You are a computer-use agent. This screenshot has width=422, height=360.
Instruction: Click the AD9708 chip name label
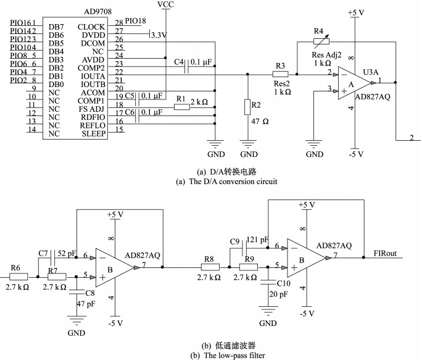pyautogui.click(x=97, y=12)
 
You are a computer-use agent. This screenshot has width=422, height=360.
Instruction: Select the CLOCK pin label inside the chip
pyautogui.click(x=91, y=27)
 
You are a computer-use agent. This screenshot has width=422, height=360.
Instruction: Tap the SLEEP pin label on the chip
pyautogui.click(x=94, y=133)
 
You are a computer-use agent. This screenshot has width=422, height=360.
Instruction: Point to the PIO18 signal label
pyautogui.click(x=135, y=21)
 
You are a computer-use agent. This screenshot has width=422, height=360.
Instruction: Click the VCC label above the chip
pyautogui.click(x=165, y=4)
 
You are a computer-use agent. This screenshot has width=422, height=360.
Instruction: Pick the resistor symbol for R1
pyautogui.click(x=182, y=107)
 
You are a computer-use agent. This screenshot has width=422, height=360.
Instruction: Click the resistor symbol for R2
pyautogui.click(x=247, y=107)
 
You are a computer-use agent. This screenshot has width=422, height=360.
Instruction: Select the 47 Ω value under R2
pyautogui.click(x=260, y=122)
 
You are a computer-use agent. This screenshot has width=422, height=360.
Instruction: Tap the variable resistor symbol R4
pyautogui.click(x=321, y=41)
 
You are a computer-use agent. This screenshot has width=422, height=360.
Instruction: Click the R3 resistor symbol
pyautogui.click(x=281, y=74)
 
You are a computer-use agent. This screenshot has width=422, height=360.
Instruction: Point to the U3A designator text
pyautogui.click(x=371, y=72)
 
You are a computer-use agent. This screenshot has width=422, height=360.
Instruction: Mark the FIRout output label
pyautogui.click(x=385, y=253)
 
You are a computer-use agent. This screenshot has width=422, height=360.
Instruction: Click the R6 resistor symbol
pyautogui.click(x=19, y=277)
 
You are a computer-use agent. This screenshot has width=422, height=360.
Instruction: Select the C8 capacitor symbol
pyautogui.click(x=77, y=292)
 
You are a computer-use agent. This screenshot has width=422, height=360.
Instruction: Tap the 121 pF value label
pyautogui.click(x=257, y=240)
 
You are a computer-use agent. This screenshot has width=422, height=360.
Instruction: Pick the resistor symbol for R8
pyautogui.click(x=210, y=267)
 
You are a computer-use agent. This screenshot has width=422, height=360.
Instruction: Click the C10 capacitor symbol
pyautogui.click(x=268, y=282)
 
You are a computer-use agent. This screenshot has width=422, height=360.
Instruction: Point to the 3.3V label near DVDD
pyautogui.click(x=159, y=35)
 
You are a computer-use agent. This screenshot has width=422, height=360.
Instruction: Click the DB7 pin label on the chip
pyautogui.click(x=56, y=27)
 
